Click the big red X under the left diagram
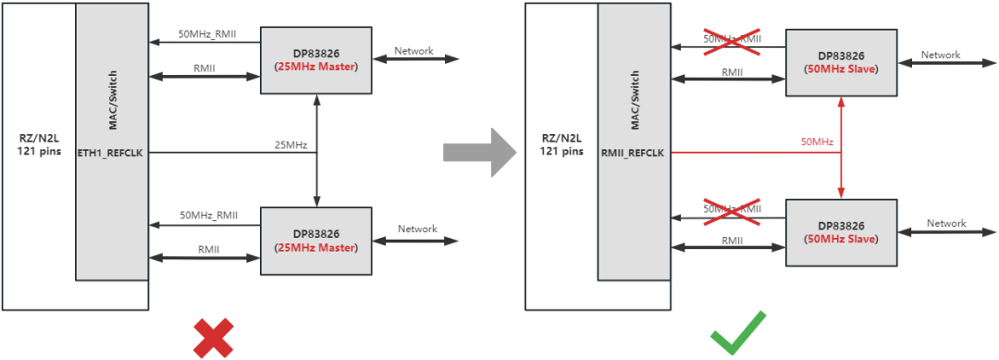pos(213,337)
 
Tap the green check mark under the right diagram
pos(737,334)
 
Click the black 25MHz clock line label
pos(291,145)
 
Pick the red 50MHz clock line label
pos(817,142)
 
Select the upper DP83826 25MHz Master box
pos(316,59)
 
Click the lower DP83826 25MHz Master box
pos(316,240)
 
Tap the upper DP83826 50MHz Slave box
pos(841,62)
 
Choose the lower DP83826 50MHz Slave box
pos(841,232)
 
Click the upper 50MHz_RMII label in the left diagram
pos(206,34)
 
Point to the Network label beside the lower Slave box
pos(946,223)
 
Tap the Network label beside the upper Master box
pos(413,51)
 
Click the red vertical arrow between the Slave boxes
pos(841,148)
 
